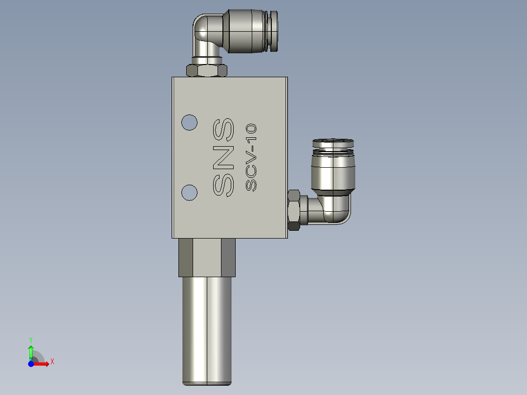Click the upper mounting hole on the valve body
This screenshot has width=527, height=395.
pyautogui.click(x=189, y=122)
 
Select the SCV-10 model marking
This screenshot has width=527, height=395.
pyautogui.click(x=251, y=157)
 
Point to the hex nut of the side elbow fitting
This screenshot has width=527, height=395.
pyautogui.click(x=294, y=210)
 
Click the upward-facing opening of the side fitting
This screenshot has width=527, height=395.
pyautogui.click(x=332, y=143)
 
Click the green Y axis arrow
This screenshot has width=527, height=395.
pyautogui.click(x=31, y=351)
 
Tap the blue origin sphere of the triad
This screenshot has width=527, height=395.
pyautogui.click(x=31, y=364)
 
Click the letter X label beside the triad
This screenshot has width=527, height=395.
pyautogui.click(x=52, y=362)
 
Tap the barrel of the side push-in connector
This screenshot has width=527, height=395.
pyautogui.click(x=332, y=171)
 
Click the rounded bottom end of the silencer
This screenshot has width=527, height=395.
pyautogui.click(x=207, y=381)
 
